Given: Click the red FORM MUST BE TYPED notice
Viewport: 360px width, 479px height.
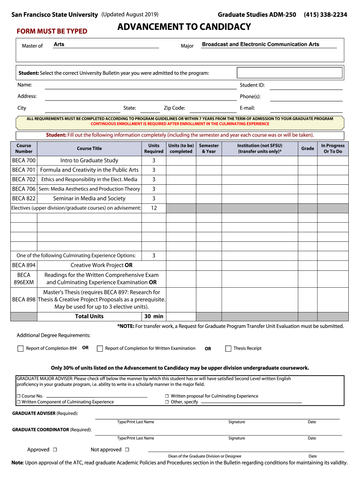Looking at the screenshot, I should tap(52, 31).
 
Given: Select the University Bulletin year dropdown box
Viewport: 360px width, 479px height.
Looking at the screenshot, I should tap(290, 73).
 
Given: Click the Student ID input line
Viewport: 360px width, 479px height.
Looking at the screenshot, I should tap(306, 86).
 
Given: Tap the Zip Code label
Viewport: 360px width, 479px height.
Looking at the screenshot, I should tap(174, 108).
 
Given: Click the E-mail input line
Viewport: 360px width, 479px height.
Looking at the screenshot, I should tap(306, 109).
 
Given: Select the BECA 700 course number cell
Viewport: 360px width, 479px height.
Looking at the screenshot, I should tap(24, 160).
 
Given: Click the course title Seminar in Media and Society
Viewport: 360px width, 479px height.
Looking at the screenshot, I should tap(89, 198).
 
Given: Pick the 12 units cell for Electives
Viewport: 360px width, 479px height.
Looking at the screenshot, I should tap(153, 208).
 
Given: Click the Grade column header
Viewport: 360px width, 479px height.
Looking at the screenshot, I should tap(307, 148).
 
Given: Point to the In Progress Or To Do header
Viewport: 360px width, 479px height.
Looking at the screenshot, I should tap(332, 148).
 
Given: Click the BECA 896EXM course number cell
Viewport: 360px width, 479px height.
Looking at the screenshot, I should tap(24, 279).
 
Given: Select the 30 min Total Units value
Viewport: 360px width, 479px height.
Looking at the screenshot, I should tap(153, 316).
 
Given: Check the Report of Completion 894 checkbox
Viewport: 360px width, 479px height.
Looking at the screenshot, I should tap(20, 348).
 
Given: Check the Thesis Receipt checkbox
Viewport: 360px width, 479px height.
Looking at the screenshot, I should tap(228, 348).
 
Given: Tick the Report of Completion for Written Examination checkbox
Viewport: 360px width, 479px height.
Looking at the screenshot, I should tap(100, 348).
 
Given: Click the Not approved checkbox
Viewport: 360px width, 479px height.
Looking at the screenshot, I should tap(127, 450).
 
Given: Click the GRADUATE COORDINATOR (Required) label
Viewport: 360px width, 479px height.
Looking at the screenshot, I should tap(51, 429).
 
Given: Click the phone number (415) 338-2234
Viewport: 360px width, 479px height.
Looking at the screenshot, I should tap(325, 15).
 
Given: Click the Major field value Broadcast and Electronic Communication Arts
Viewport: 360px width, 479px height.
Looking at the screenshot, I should tap(260, 44).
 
